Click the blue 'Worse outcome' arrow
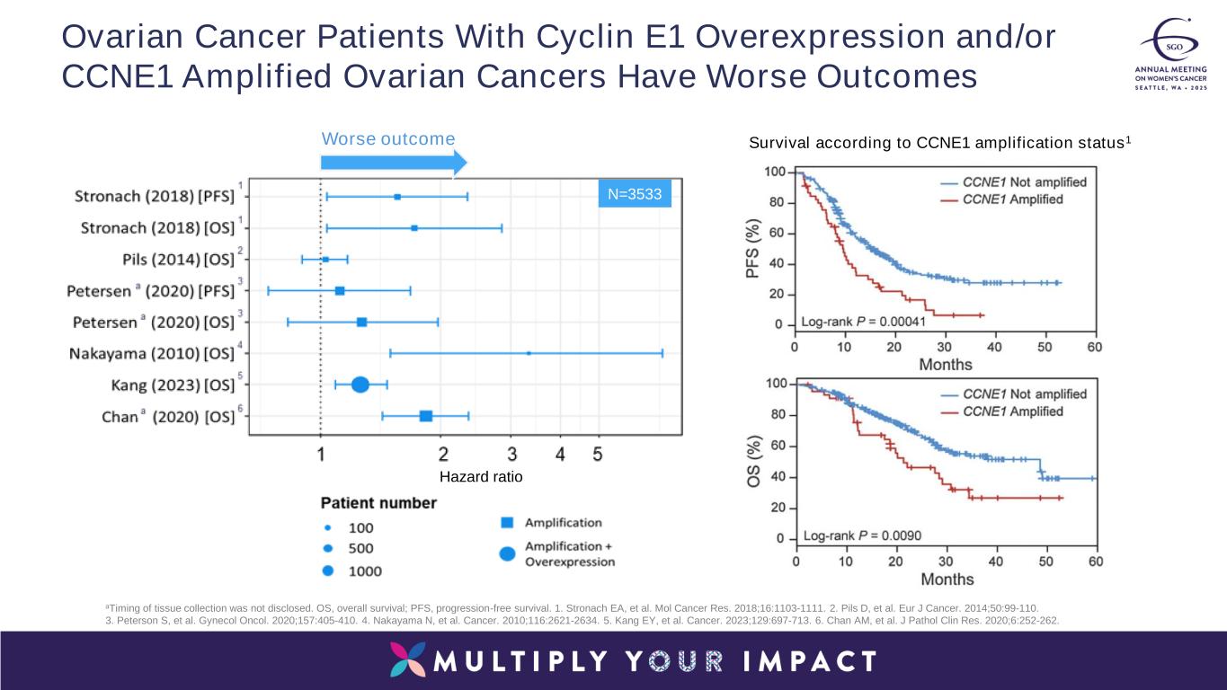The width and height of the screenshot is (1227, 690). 394,163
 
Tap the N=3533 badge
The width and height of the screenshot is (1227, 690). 636,194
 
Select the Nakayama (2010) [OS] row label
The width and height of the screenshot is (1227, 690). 151,354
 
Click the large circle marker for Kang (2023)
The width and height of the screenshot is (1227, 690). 360,385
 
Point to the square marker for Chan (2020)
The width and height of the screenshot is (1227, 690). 425,416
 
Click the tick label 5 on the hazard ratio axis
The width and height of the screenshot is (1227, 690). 597,455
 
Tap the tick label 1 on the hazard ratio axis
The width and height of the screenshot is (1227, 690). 321,455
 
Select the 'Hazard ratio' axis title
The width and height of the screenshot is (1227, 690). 481,477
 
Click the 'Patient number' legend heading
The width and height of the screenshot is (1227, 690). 378,502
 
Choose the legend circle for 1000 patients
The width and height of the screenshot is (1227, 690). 328,571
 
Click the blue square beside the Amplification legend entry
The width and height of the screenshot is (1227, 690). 507,522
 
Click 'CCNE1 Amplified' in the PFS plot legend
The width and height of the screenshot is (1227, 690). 1012,199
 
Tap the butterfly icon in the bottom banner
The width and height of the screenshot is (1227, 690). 409,660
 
